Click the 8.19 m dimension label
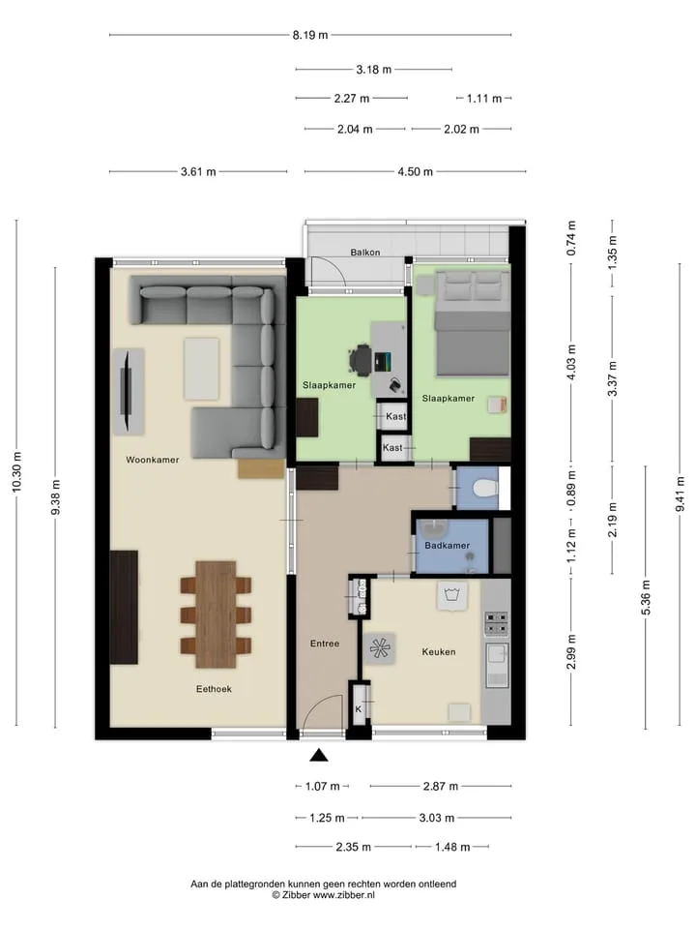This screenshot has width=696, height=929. [x=310, y=35]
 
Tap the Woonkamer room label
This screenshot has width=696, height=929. [x=152, y=460]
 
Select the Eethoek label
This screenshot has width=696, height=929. [x=214, y=689]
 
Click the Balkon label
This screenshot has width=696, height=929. [x=365, y=253]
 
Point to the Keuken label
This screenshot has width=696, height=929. [x=439, y=651]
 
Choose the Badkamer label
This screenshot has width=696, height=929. [x=447, y=545]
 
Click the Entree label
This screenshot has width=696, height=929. [x=325, y=644]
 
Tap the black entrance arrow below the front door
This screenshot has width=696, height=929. [x=319, y=755]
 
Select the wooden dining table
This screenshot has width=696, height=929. [x=216, y=614]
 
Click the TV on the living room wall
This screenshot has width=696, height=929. [x=126, y=391]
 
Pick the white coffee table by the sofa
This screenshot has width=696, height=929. [x=201, y=369]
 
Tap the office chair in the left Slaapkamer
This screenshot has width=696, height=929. [x=361, y=360]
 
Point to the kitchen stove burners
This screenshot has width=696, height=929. [x=496, y=623]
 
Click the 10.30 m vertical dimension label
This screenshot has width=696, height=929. [x=16, y=471]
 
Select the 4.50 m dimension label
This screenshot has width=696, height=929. [x=415, y=172]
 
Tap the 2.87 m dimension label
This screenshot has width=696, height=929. [x=441, y=786]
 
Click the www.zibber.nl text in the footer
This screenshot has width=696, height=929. [x=343, y=895]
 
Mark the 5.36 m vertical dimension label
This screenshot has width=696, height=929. [x=646, y=597]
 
